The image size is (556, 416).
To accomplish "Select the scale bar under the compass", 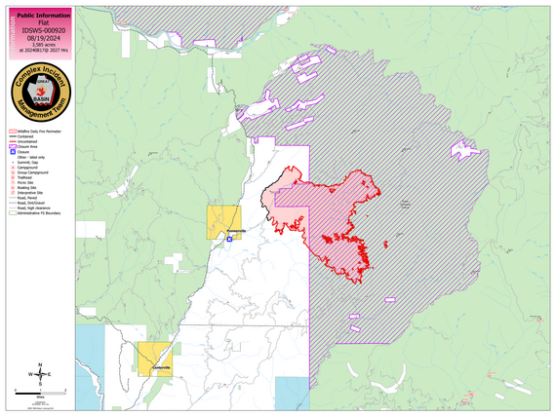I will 42,393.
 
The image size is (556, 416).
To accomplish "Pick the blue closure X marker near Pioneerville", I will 229,237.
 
